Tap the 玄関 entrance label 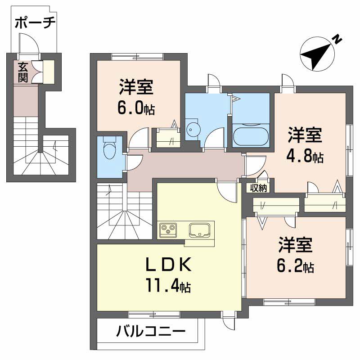(22, 72)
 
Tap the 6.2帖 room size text (295, 266)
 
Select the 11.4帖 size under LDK (167, 285)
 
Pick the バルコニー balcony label (151, 333)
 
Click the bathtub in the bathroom (251, 135)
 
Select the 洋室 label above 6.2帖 (295, 246)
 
